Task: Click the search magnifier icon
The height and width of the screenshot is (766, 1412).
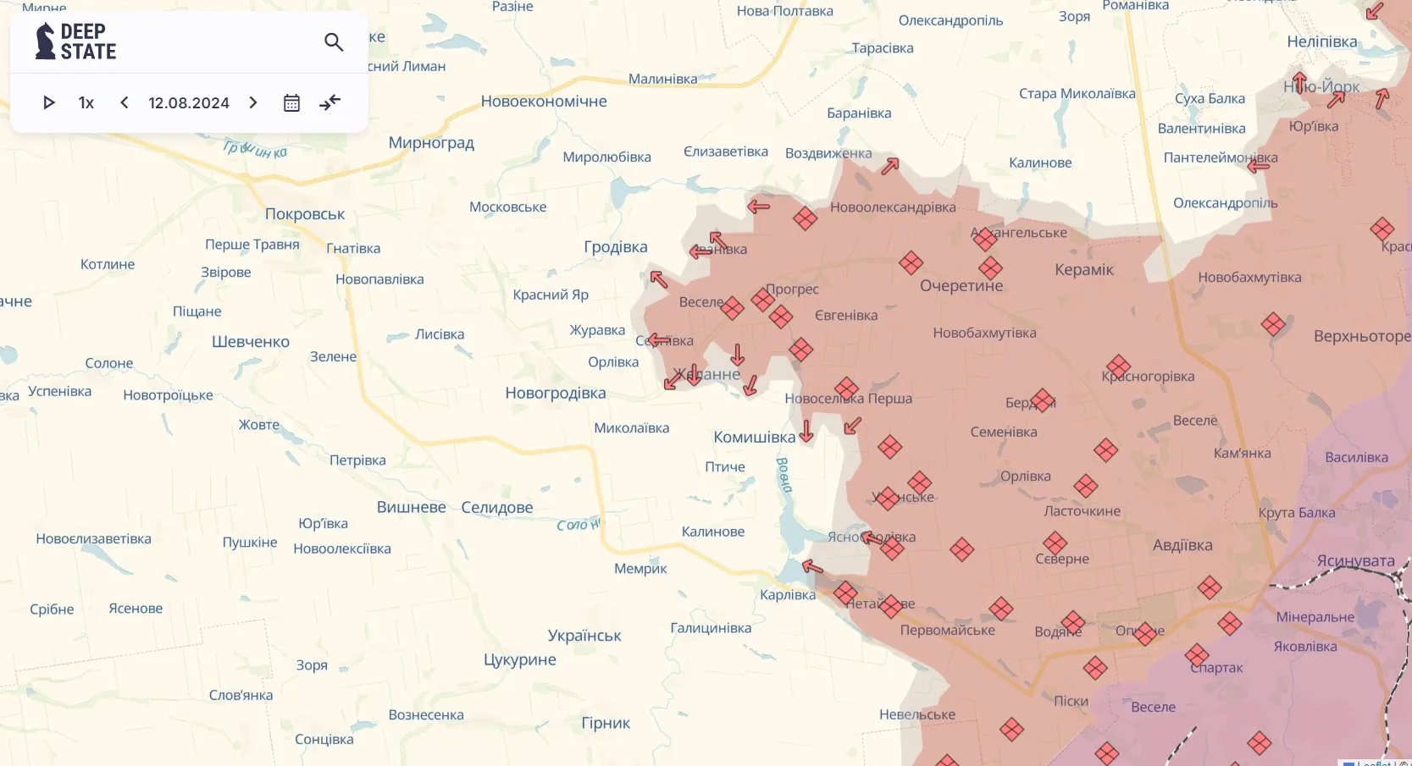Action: [x=334, y=42]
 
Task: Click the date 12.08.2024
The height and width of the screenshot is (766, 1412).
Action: [x=189, y=103]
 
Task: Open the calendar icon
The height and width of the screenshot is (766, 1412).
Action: [x=291, y=103]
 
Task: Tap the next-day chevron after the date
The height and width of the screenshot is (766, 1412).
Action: [x=253, y=103]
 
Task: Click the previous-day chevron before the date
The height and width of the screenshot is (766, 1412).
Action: [x=125, y=103]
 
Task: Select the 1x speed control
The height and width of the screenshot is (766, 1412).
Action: [x=86, y=103]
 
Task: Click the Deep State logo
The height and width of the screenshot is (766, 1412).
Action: [x=75, y=41]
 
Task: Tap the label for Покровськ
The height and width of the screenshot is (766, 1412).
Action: [x=305, y=214]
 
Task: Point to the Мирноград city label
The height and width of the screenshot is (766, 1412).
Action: [x=431, y=143]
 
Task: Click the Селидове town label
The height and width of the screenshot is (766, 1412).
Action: [x=497, y=508]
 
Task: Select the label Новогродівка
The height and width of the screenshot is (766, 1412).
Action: [x=556, y=394]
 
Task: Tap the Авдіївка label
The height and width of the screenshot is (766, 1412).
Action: [x=1182, y=546]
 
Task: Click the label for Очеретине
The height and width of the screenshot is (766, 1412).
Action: [x=961, y=286]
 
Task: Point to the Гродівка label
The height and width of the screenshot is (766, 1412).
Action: [x=616, y=247]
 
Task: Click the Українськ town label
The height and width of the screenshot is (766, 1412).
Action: [x=584, y=636]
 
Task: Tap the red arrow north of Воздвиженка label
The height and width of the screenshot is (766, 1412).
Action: [x=889, y=167]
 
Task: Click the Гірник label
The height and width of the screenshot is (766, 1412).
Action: [x=606, y=724]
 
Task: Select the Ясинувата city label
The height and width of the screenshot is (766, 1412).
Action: [x=1355, y=561]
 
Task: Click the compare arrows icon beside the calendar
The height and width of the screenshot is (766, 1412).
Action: [x=329, y=103]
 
